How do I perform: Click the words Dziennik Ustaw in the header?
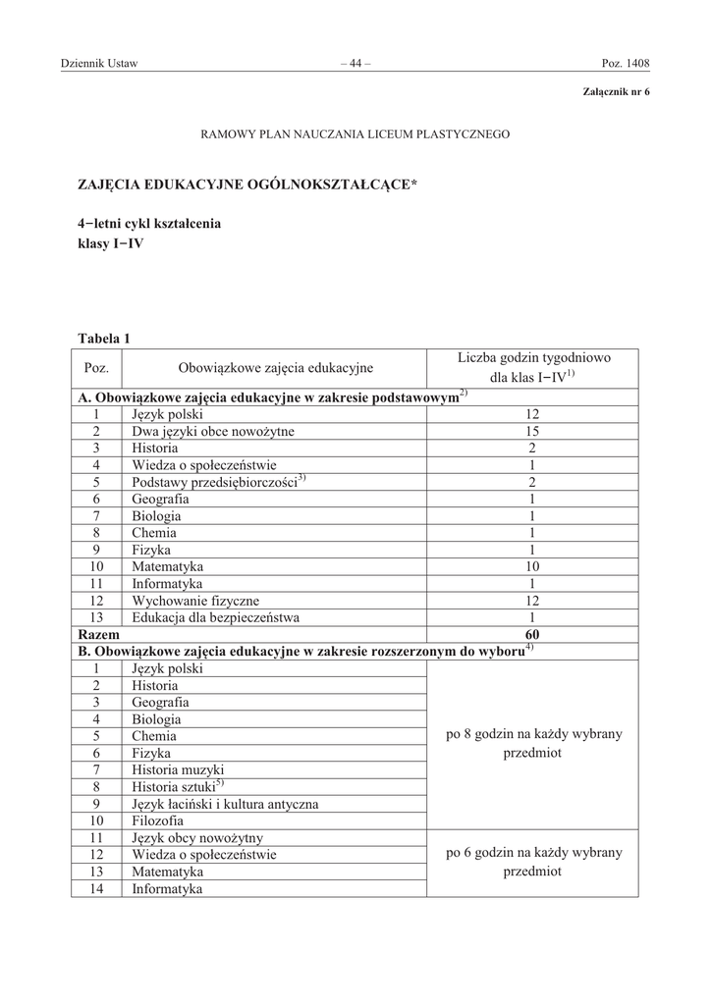[99, 65]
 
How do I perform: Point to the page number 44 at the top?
[355, 65]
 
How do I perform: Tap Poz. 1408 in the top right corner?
[626, 65]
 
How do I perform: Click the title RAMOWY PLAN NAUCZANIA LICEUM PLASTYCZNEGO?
[355, 132]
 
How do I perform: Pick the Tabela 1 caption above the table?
[104, 339]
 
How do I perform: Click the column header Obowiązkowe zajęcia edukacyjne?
[275, 368]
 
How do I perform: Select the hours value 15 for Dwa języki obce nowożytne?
[532, 432]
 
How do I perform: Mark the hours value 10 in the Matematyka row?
[532, 567]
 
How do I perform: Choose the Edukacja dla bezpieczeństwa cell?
[216, 617]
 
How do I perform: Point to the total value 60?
[532, 635]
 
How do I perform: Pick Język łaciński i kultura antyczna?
[225, 804]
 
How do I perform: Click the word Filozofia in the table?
[157, 820]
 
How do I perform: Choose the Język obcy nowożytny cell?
[197, 837]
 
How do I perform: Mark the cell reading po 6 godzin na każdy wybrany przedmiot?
[532, 862]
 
